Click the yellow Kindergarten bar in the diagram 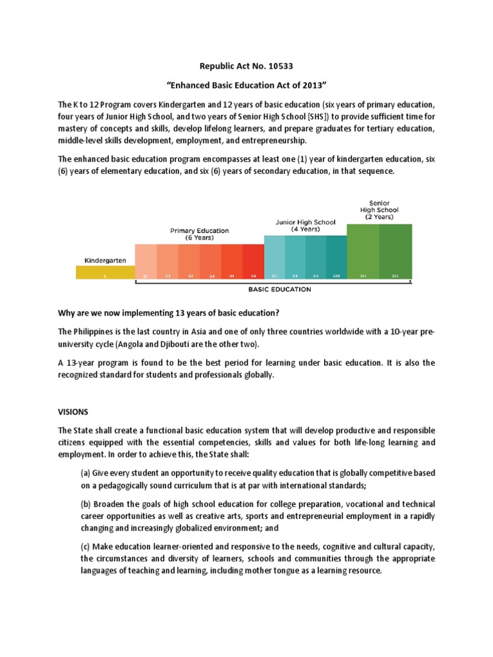pos(105,273)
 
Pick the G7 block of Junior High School pos(275,257)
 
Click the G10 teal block pos(336,257)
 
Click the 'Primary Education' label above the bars pos(199,230)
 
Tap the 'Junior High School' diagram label pos(305,222)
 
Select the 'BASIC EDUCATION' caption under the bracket pos(280,289)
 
